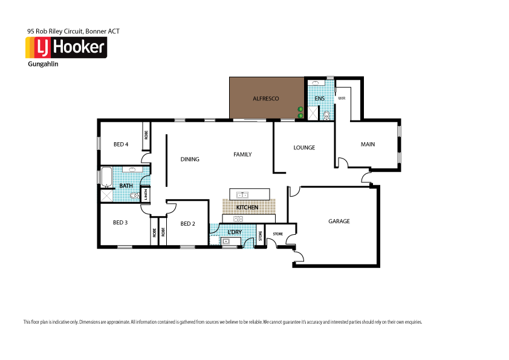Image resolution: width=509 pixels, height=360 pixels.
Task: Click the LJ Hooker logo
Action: [66, 48]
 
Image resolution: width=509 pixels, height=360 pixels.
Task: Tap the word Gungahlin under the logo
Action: [42, 64]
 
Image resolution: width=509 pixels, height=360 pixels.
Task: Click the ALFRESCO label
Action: [265, 98]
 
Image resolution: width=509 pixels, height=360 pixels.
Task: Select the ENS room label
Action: [320, 98]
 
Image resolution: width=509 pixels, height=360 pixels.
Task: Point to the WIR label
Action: [342, 98]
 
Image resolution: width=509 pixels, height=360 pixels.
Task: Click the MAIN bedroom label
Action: [368, 144]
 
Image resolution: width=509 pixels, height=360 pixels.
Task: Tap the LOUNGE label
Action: [304, 147]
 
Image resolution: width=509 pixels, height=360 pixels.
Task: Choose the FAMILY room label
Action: [242, 154]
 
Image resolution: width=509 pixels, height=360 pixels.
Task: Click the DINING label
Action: [190, 159]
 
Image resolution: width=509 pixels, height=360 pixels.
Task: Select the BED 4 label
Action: [121, 144]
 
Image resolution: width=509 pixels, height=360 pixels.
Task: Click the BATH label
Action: [126, 186]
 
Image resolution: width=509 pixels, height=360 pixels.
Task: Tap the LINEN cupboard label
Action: [146, 195]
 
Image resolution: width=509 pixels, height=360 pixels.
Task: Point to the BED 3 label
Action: [120, 223]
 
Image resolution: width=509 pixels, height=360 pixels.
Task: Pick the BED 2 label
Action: [188, 223]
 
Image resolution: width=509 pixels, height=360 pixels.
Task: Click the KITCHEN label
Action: [247, 208]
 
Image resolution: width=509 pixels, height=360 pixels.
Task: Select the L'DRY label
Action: [235, 232]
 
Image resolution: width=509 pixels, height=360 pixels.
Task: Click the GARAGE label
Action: [339, 221]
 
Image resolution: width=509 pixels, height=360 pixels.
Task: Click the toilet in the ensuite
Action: [326, 114]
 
